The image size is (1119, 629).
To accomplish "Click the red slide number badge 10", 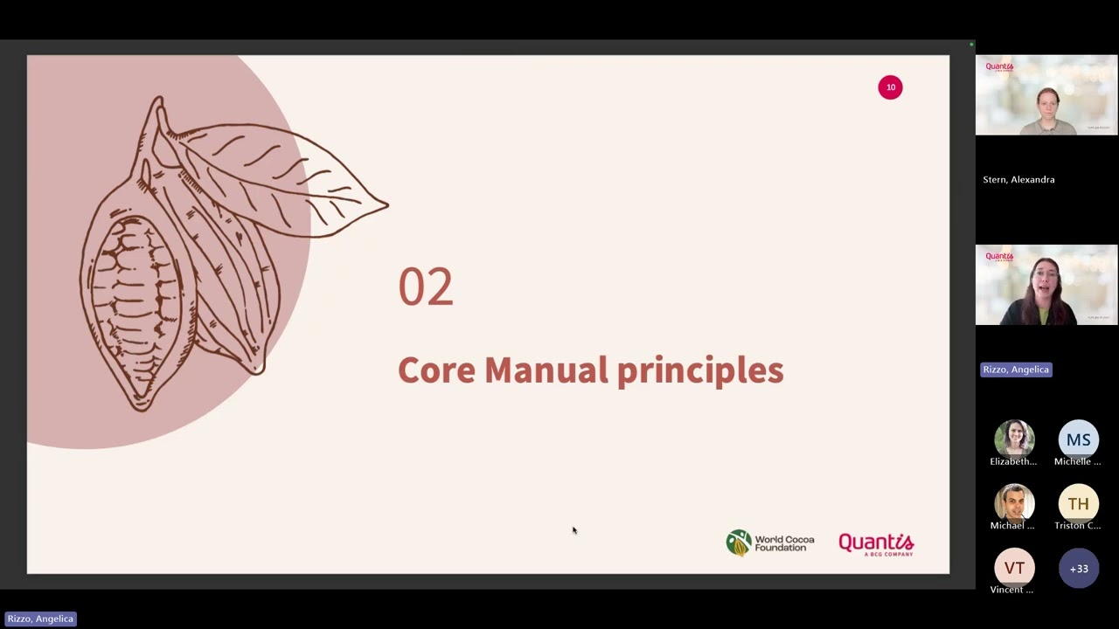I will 890,87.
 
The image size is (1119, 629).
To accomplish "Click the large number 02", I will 426,287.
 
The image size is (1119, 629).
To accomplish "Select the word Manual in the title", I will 546,370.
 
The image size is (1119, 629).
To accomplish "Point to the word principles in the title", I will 700,371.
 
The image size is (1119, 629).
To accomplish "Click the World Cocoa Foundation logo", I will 769,543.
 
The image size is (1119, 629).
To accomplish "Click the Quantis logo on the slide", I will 876,544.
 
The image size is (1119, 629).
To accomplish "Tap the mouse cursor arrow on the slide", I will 574,529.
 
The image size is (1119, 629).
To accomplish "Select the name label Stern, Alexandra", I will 1018,180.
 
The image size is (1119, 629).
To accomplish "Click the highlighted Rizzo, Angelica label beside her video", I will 1016,370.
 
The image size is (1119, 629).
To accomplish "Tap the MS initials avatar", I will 1078,439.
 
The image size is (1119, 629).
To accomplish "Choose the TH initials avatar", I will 1078,504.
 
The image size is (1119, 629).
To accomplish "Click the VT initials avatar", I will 1014,568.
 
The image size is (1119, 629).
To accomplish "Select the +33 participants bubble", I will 1079,569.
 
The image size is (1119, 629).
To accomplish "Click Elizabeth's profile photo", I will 1014,439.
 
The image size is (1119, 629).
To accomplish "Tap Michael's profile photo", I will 1014,504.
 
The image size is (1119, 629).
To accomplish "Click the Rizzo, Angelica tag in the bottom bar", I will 40,619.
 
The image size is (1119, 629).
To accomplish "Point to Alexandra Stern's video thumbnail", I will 1046,95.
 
